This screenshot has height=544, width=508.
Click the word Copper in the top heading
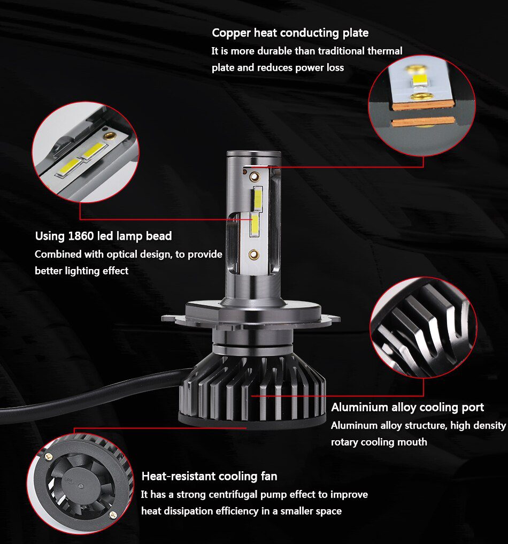pos(230,33)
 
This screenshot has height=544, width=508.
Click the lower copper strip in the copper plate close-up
pos(424,122)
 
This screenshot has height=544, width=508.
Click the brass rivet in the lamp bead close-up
pos(110,137)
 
